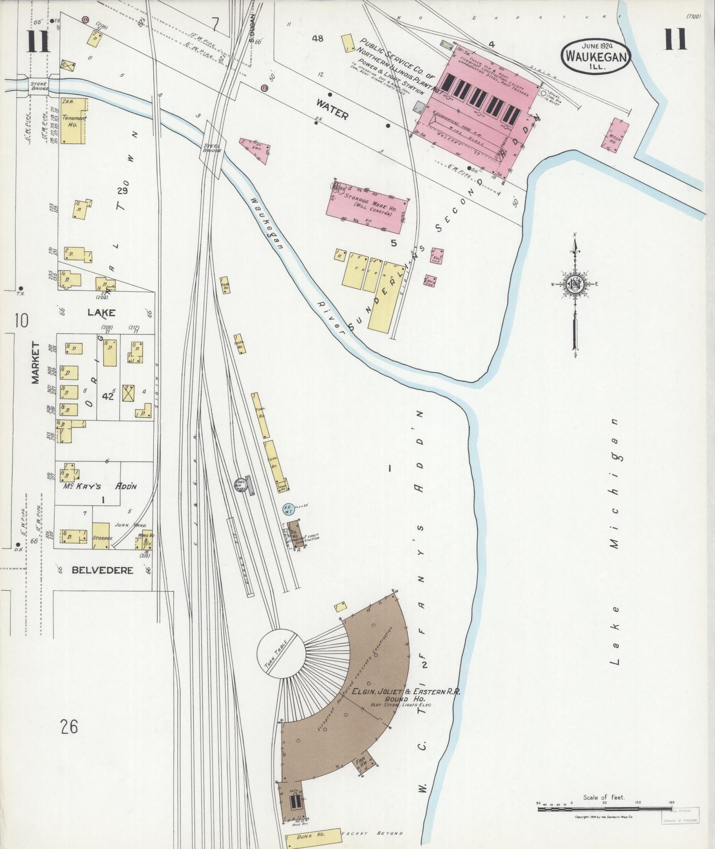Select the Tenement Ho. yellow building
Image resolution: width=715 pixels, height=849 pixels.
pyautogui.click(x=73, y=121)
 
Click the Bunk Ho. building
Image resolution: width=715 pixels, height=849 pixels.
pyautogui.click(x=313, y=833)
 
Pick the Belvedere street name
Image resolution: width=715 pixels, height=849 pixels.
pyautogui.click(x=102, y=570)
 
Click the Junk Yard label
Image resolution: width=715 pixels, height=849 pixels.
pyautogui.click(x=128, y=524)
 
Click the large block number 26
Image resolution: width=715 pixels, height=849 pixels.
pyautogui.click(x=70, y=727)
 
